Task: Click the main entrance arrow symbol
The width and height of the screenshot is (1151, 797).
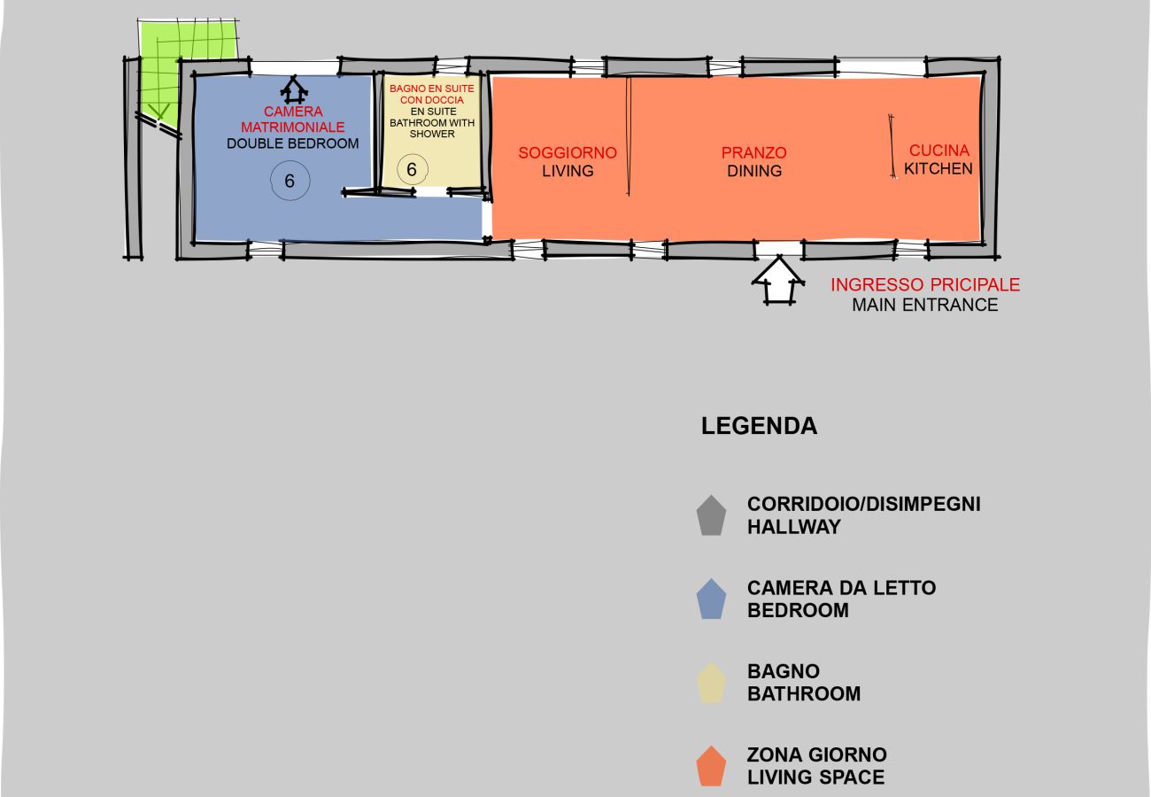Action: (x=778, y=281)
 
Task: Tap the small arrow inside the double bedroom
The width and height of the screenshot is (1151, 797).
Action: (x=293, y=89)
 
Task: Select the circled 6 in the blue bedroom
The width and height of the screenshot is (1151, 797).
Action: (x=290, y=181)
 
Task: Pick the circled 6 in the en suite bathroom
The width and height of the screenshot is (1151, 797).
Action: (x=411, y=169)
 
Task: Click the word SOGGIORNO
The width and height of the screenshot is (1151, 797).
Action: (x=567, y=153)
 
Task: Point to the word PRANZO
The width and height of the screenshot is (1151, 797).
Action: (x=753, y=153)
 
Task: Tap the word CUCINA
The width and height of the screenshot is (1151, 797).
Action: (x=939, y=151)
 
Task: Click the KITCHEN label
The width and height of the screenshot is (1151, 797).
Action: (x=939, y=168)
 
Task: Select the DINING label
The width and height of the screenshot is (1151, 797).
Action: (x=754, y=171)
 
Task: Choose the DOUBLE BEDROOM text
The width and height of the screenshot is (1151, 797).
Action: (x=293, y=143)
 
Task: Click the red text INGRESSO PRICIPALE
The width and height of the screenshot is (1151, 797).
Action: (x=924, y=285)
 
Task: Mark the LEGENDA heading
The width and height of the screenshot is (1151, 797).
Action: (x=759, y=426)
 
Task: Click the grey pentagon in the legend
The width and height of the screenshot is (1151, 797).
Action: (x=711, y=515)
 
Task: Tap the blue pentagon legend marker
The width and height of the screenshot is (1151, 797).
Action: (x=711, y=600)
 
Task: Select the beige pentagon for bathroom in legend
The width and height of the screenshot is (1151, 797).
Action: (x=711, y=683)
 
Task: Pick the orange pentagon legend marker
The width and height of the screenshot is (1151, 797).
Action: (x=711, y=766)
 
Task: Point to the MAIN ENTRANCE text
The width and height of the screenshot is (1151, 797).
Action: (x=924, y=306)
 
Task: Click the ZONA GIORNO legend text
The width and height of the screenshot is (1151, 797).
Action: (x=816, y=755)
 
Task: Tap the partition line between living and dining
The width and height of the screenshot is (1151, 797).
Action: (x=628, y=137)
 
